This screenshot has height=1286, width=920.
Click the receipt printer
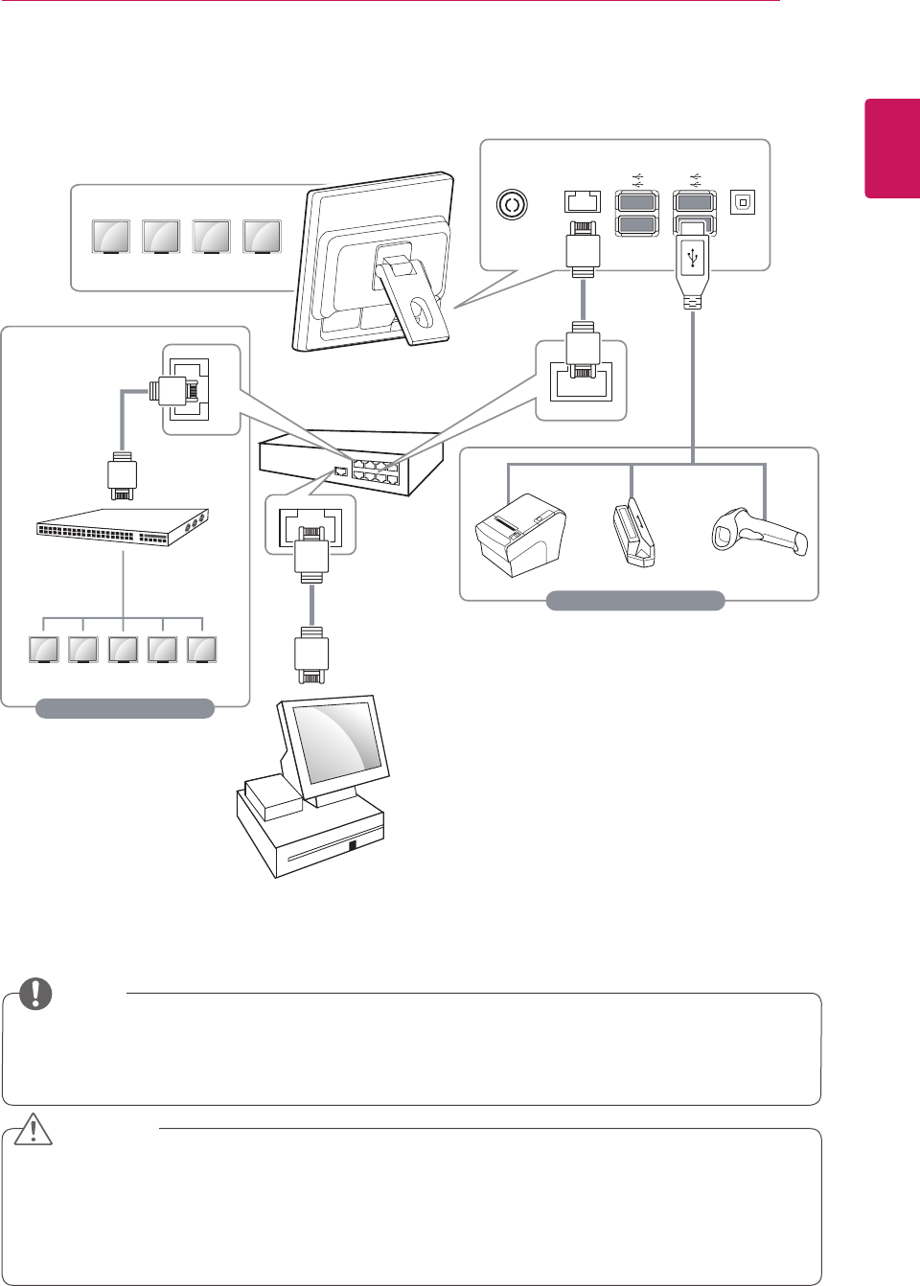click(x=520, y=535)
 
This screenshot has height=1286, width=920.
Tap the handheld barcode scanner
click(x=759, y=533)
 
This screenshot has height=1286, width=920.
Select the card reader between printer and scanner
click(x=632, y=534)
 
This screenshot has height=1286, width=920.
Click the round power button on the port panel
click(x=512, y=204)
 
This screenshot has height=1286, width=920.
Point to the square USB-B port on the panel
click(x=743, y=202)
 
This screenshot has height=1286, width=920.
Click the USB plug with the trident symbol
click(x=692, y=263)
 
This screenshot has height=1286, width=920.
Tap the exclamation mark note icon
click(x=35, y=994)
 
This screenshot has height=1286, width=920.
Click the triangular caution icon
click(x=34, y=1130)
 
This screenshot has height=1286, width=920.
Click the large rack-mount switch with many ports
click(x=122, y=526)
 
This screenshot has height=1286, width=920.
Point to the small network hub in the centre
click(x=350, y=462)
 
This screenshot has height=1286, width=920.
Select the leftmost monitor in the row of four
click(x=111, y=237)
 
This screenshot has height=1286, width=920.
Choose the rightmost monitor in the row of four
click(x=262, y=237)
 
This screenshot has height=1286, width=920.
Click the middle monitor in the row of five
click(x=123, y=650)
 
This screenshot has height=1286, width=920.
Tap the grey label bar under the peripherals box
click(x=634, y=601)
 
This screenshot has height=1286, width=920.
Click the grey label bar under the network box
click(x=125, y=708)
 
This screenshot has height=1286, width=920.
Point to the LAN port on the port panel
click(x=583, y=202)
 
